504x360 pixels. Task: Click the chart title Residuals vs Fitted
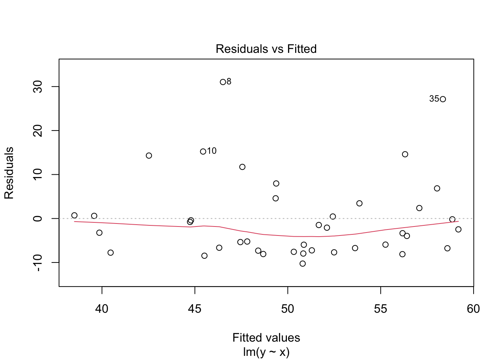[x=266, y=49]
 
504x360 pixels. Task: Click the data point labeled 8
[x=223, y=82]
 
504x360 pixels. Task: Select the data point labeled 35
[x=442, y=99]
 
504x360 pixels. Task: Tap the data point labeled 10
[x=203, y=151]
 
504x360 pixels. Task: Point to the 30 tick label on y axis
[x=37, y=87]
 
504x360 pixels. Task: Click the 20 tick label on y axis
[x=37, y=130]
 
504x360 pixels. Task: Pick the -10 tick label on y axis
[x=37, y=262]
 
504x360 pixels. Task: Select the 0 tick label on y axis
[x=37, y=218]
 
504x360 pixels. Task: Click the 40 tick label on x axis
[x=102, y=309]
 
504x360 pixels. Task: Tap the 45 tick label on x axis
[x=195, y=309]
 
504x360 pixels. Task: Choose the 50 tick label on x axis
[x=288, y=309]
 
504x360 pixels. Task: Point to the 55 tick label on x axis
[x=381, y=309]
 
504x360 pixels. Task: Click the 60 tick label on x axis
[x=473, y=309]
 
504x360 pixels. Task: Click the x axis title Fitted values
[x=266, y=337]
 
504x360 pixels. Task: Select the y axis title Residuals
[x=9, y=172]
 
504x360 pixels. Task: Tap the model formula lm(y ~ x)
[x=266, y=352]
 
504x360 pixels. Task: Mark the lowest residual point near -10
[x=303, y=264]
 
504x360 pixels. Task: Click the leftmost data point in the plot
[x=74, y=215]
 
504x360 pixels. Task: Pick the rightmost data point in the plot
[x=458, y=229]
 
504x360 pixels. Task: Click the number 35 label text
[x=434, y=99]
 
